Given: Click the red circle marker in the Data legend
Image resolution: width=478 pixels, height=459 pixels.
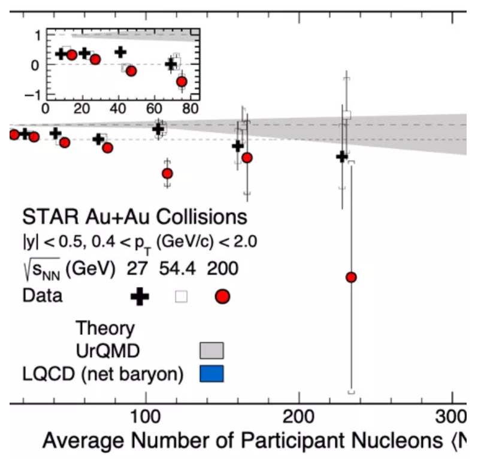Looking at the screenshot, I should pyautogui.click(x=223, y=296).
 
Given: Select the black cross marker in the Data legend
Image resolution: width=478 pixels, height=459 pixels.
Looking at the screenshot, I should pyautogui.click(x=140, y=296).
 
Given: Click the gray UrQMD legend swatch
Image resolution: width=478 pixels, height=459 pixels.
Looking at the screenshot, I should pyautogui.click(x=212, y=350).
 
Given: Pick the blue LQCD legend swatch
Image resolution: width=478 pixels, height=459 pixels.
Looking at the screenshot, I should pyautogui.click(x=212, y=374).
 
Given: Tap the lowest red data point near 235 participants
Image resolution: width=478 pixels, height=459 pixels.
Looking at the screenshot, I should pyautogui.click(x=351, y=277).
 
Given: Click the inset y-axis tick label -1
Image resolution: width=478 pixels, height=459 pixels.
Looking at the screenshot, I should pyautogui.click(x=34, y=95).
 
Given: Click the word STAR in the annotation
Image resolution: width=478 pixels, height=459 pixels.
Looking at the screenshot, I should pyautogui.click(x=45, y=216).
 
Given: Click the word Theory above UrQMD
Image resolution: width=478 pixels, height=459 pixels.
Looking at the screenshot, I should pyautogui.click(x=105, y=328).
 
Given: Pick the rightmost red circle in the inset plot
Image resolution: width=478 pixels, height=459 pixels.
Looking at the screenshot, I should pyautogui.click(x=182, y=81).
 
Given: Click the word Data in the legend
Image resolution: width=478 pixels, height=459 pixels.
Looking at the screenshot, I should pyautogui.click(x=41, y=295).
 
